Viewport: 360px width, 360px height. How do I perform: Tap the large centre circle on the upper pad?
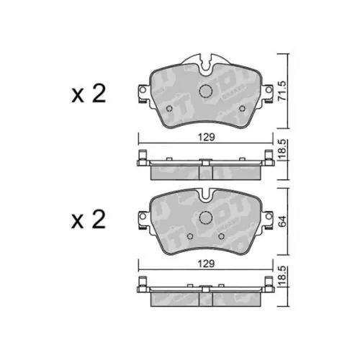pos(206,91)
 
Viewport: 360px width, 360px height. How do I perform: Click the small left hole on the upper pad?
pos(169,110)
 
